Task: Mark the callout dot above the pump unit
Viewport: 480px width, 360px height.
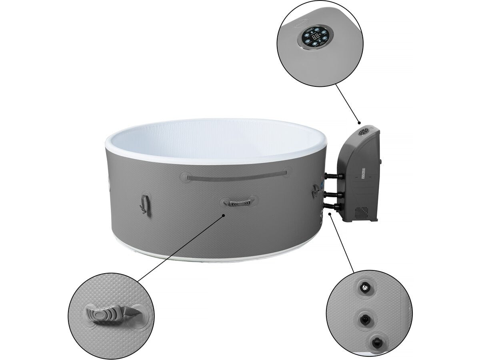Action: coord(359,123)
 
